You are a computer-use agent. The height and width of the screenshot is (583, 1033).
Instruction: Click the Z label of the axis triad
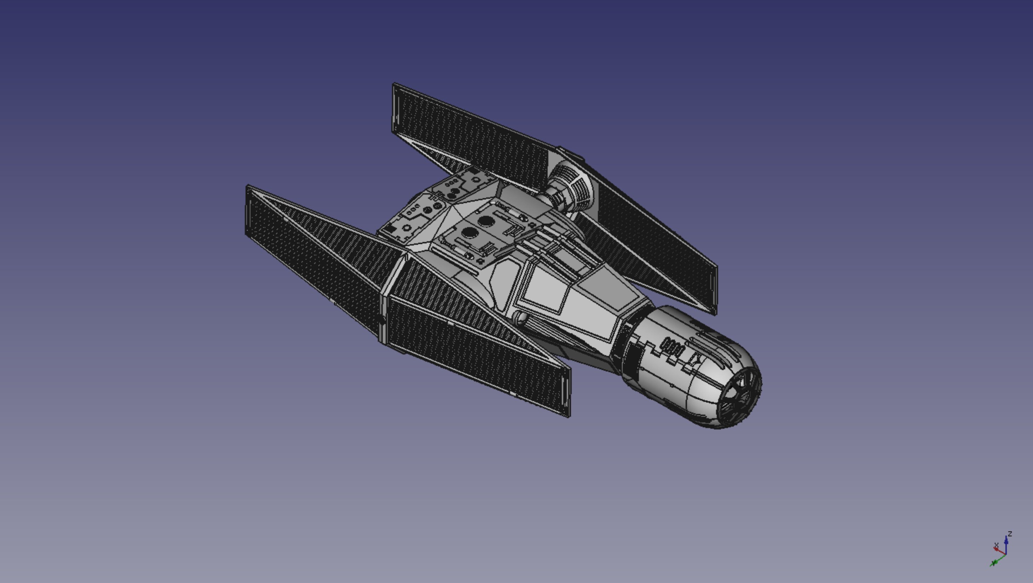click(x=1010, y=534)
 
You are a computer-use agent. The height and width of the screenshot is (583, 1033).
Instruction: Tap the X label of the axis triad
click(x=996, y=545)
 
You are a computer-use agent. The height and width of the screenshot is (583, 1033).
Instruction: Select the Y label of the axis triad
click(x=994, y=563)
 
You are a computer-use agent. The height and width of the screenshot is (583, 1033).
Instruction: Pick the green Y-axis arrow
click(x=999, y=559)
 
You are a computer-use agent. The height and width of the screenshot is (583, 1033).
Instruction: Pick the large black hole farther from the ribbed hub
click(x=469, y=232)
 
